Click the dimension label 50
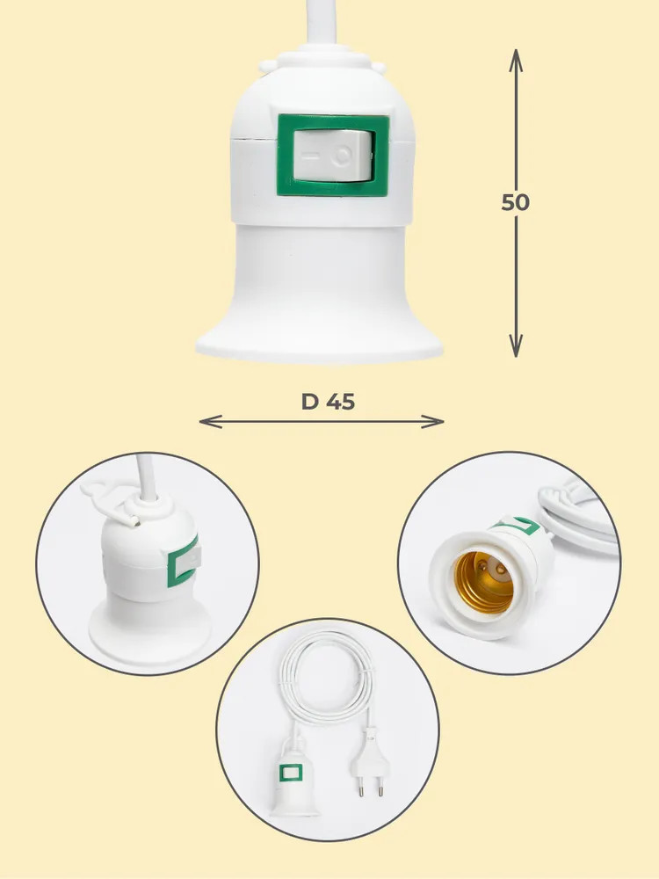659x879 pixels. [515, 202]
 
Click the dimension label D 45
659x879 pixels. [328, 402]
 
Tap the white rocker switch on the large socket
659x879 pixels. [333, 156]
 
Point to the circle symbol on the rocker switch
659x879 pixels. [342, 156]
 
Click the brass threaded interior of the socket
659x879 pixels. [483, 582]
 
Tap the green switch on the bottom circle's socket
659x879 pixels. [291, 773]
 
